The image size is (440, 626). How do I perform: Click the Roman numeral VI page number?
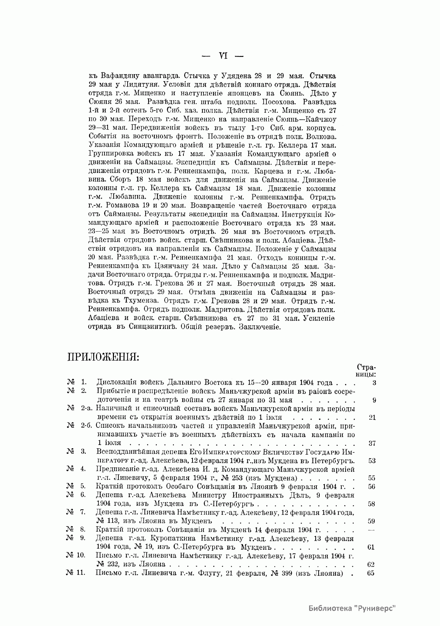pos(223,56)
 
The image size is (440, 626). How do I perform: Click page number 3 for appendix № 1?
pos(373,383)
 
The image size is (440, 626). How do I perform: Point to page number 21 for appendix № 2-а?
pos(372,417)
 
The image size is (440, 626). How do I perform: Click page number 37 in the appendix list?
pos(372,443)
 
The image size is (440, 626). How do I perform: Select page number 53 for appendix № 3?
pos(372,461)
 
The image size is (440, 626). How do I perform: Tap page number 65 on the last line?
pos(371,573)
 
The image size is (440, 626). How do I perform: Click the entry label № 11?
pos(76,573)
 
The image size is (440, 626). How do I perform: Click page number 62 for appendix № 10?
pos(371,564)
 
